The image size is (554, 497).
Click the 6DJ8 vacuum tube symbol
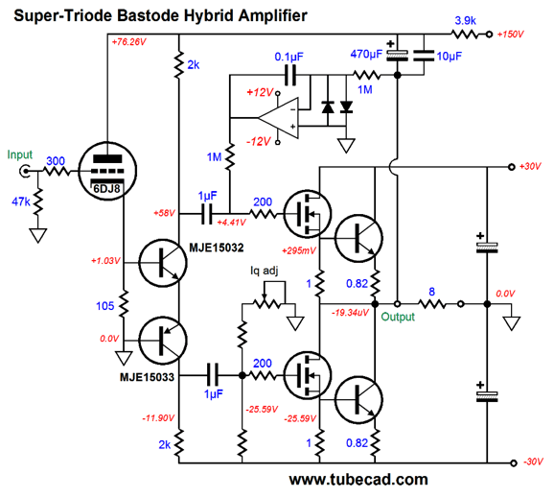(107, 171)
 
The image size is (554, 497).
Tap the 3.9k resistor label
(465, 21)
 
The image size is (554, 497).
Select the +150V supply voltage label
(510, 35)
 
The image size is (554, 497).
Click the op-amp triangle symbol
(278, 118)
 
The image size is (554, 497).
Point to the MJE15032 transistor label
(217, 248)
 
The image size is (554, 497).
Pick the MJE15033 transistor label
(147, 377)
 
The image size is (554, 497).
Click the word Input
(20, 154)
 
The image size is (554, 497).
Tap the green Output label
(398, 317)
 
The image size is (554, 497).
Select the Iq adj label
(264, 271)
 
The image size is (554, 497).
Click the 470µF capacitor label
(366, 54)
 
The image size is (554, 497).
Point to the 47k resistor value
(21, 201)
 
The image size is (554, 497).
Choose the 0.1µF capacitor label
(289, 57)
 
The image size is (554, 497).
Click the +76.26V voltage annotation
(129, 42)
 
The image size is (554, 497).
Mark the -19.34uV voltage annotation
(350, 313)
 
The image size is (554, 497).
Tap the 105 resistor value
(104, 306)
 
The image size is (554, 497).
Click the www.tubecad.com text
(358, 480)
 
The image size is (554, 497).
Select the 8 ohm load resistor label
(431, 292)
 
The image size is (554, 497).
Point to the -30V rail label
(533, 461)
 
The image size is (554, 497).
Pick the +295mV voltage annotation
(299, 250)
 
